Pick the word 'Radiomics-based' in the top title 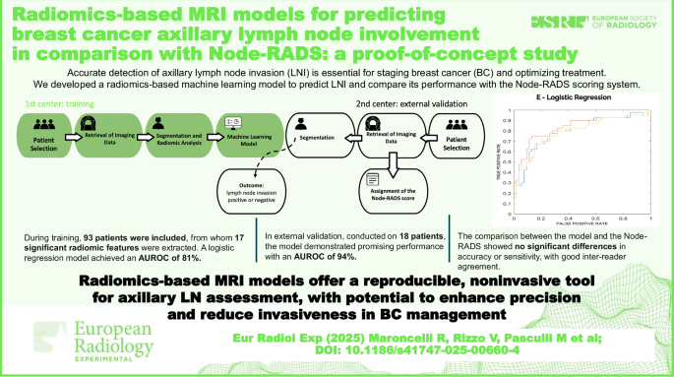[x=87, y=12]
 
